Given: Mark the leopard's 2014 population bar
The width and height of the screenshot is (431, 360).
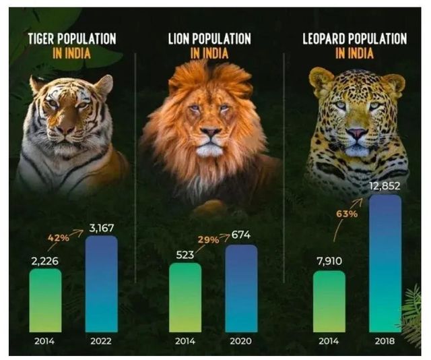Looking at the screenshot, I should (x=329, y=301).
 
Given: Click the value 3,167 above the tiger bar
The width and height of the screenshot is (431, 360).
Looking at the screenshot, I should (x=102, y=229).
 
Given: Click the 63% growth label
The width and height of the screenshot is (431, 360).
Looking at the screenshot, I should (x=345, y=215).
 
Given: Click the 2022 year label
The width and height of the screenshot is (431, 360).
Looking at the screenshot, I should (x=101, y=341).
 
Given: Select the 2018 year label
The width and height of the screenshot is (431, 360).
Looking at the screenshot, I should (x=385, y=341).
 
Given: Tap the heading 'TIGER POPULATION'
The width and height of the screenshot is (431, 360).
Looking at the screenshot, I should (x=71, y=38).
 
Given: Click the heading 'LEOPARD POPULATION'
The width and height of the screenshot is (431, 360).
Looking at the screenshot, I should (x=355, y=38).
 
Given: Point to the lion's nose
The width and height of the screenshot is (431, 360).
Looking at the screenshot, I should (x=210, y=131).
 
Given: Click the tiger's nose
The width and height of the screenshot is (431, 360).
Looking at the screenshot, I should (x=66, y=127).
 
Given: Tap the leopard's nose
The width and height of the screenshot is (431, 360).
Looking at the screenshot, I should (x=356, y=133).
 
